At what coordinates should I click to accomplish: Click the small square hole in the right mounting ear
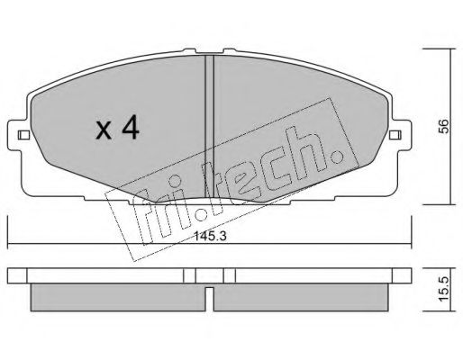(x=395, y=137)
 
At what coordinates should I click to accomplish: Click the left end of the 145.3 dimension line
(x=8, y=247)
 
